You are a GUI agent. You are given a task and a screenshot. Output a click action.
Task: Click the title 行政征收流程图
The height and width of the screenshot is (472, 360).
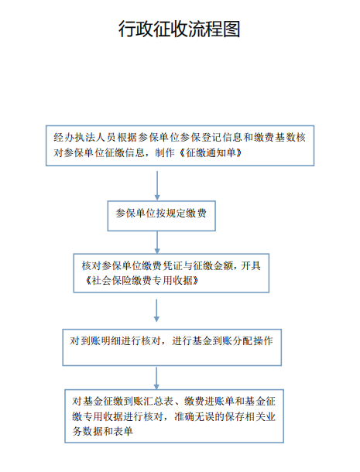pyautogui.click(x=180, y=29)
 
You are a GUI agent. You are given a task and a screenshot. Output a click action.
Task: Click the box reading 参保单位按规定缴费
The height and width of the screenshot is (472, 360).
pyautogui.click(x=162, y=216)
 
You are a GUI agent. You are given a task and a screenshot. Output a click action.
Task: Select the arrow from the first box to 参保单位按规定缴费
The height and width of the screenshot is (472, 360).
pyautogui.click(x=157, y=186)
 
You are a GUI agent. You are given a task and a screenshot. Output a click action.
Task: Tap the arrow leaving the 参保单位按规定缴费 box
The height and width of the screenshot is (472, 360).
pyautogui.click(x=157, y=242)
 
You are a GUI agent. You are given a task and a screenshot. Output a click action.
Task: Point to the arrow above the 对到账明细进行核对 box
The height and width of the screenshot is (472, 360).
pyautogui.click(x=156, y=310)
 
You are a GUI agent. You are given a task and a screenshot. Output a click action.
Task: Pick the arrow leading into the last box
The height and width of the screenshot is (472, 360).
pyautogui.click(x=156, y=378)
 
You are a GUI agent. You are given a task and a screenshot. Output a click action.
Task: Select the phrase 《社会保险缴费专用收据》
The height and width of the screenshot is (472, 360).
pyautogui.click(x=142, y=281)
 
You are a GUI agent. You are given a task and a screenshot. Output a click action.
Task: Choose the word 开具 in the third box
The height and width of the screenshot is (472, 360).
pyautogui.click(x=251, y=266)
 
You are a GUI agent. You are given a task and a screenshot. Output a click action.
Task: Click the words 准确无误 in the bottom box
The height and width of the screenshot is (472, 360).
pyautogui.click(x=194, y=416)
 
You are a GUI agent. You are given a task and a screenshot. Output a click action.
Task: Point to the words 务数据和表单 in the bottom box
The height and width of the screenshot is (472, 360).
pyautogui.click(x=102, y=432)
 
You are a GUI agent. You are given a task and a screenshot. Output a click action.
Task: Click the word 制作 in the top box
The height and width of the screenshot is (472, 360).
pyautogui.click(x=165, y=153)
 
